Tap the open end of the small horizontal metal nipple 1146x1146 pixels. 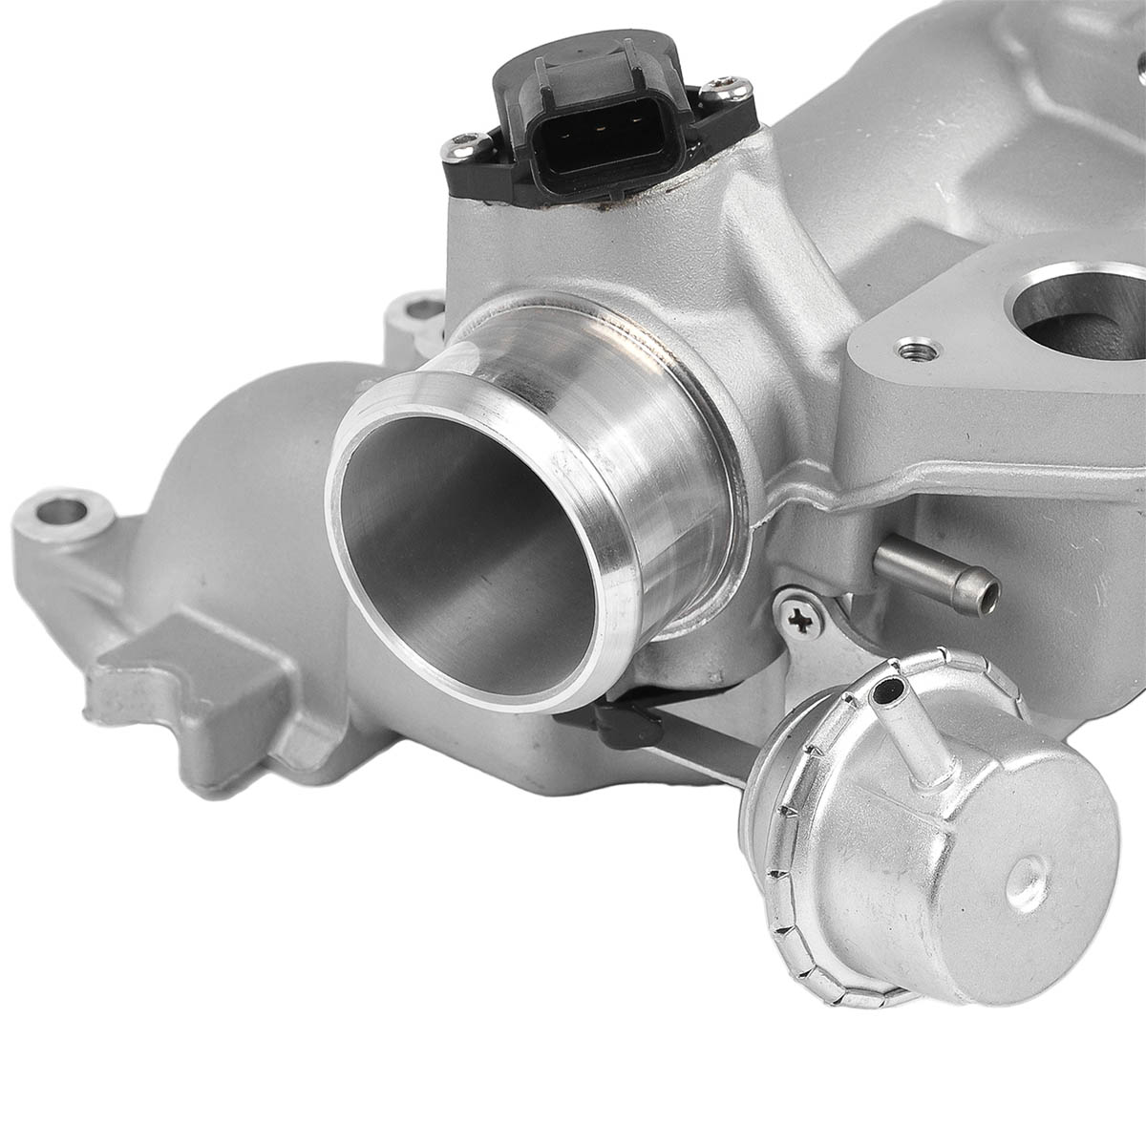tap(983, 584)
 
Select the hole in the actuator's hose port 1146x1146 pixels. tap(894, 686)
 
